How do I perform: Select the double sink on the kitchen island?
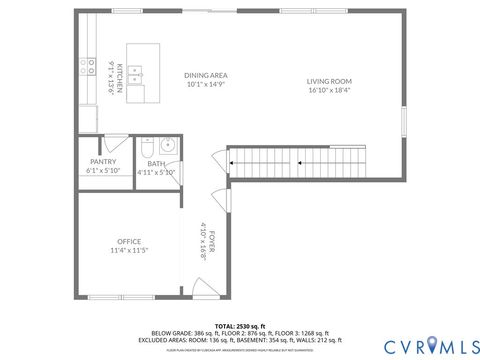point(137,73)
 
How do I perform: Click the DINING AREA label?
point(206,75)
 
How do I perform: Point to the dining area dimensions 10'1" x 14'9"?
point(206,84)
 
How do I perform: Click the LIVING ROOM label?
point(329,81)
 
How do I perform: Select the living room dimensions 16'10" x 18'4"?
point(329,90)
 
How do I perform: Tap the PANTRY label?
point(103,161)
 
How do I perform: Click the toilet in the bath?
point(146,149)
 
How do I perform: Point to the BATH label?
point(156,163)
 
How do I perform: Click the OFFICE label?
point(129,241)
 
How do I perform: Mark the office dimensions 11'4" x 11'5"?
point(129,250)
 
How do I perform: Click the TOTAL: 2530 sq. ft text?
point(239,326)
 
